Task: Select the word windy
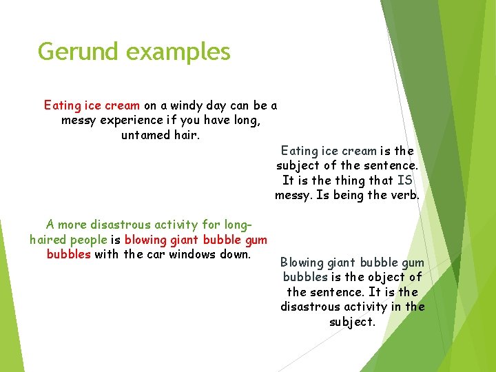tap(187, 106)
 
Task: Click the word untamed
tap(147, 135)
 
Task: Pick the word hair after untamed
tap(186, 135)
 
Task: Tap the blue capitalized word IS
tap(405, 180)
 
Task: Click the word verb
tap(404, 196)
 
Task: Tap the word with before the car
tap(107, 254)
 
